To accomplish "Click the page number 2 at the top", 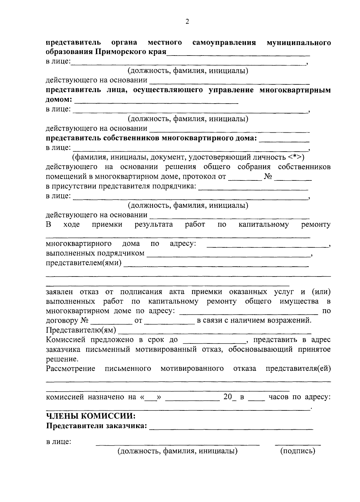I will (x=187, y=22).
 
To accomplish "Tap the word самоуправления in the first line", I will (x=224, y=43).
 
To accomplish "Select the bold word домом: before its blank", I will (x=59, y=100).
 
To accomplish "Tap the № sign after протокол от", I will (x=268, y=177).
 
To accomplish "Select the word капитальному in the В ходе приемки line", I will (x=264, y=225).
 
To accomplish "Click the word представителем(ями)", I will (x=84, y=263).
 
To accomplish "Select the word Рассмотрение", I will (x=70, y=368).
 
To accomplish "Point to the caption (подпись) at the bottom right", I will (x=298, y=451).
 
